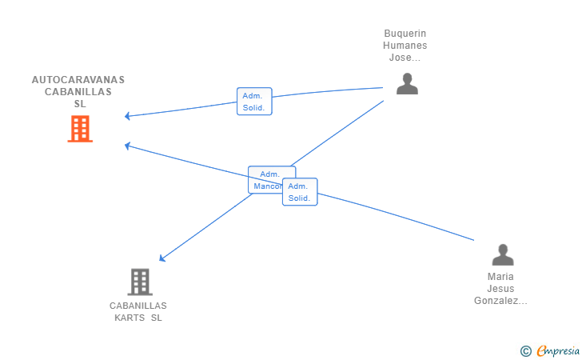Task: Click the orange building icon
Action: click(x=80, y=129)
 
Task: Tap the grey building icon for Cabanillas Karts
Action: click(x=139, y=282)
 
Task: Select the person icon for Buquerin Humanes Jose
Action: click(x=407, y=84)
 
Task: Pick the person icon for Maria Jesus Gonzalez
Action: click(x=502, y=255)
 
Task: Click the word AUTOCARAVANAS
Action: click(x=78, y=80)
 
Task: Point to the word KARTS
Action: click(x=130, y=318)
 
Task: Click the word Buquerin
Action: click(x=405, y=34)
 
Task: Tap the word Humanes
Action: click(x=405, y=46)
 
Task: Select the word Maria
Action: click(x=500, y=277)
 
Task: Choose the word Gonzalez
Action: click(x=500, y=301)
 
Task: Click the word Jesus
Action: click(x=500, y=289)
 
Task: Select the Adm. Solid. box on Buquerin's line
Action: click(x=254, y=102)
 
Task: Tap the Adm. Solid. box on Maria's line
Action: click(x=300, y=192)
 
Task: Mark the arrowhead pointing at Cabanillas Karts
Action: click(x=161, y=258)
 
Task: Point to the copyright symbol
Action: click(x=525, y=350)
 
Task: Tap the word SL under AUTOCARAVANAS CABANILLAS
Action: click(x=79, y=104)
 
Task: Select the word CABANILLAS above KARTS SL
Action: click(x=138, y=306)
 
